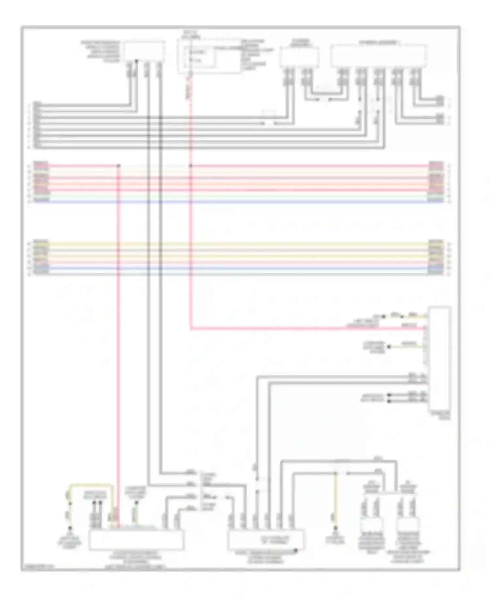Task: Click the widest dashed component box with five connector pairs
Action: coord(378,56)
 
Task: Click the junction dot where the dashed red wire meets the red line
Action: coord(191,166)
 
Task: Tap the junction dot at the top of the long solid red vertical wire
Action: coord(119,166)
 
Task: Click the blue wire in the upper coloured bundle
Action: coord(238,202)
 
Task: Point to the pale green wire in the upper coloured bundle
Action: coord(238,196)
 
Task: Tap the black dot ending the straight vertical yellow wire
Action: coord(335,528)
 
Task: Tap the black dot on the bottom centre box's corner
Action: coord(296,551)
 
